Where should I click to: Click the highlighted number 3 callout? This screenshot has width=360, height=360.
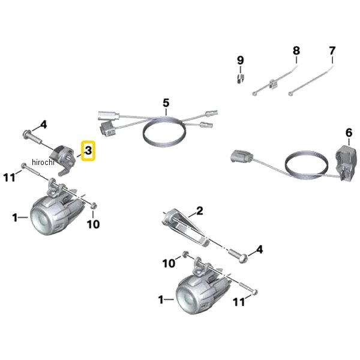point(88,151)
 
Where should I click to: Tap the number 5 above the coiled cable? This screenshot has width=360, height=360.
point(166,103)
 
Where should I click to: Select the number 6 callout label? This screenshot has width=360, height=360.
point(349,133)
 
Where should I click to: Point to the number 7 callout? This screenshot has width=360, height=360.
point(332,51)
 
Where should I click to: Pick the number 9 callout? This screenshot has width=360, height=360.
point(241,60)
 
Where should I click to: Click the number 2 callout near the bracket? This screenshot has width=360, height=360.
point(200,211)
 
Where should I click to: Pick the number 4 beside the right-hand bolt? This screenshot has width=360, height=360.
point(259,250)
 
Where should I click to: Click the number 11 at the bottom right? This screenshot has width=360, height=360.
point(239,302)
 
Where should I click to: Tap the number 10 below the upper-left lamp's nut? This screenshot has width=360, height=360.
point(93,224)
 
